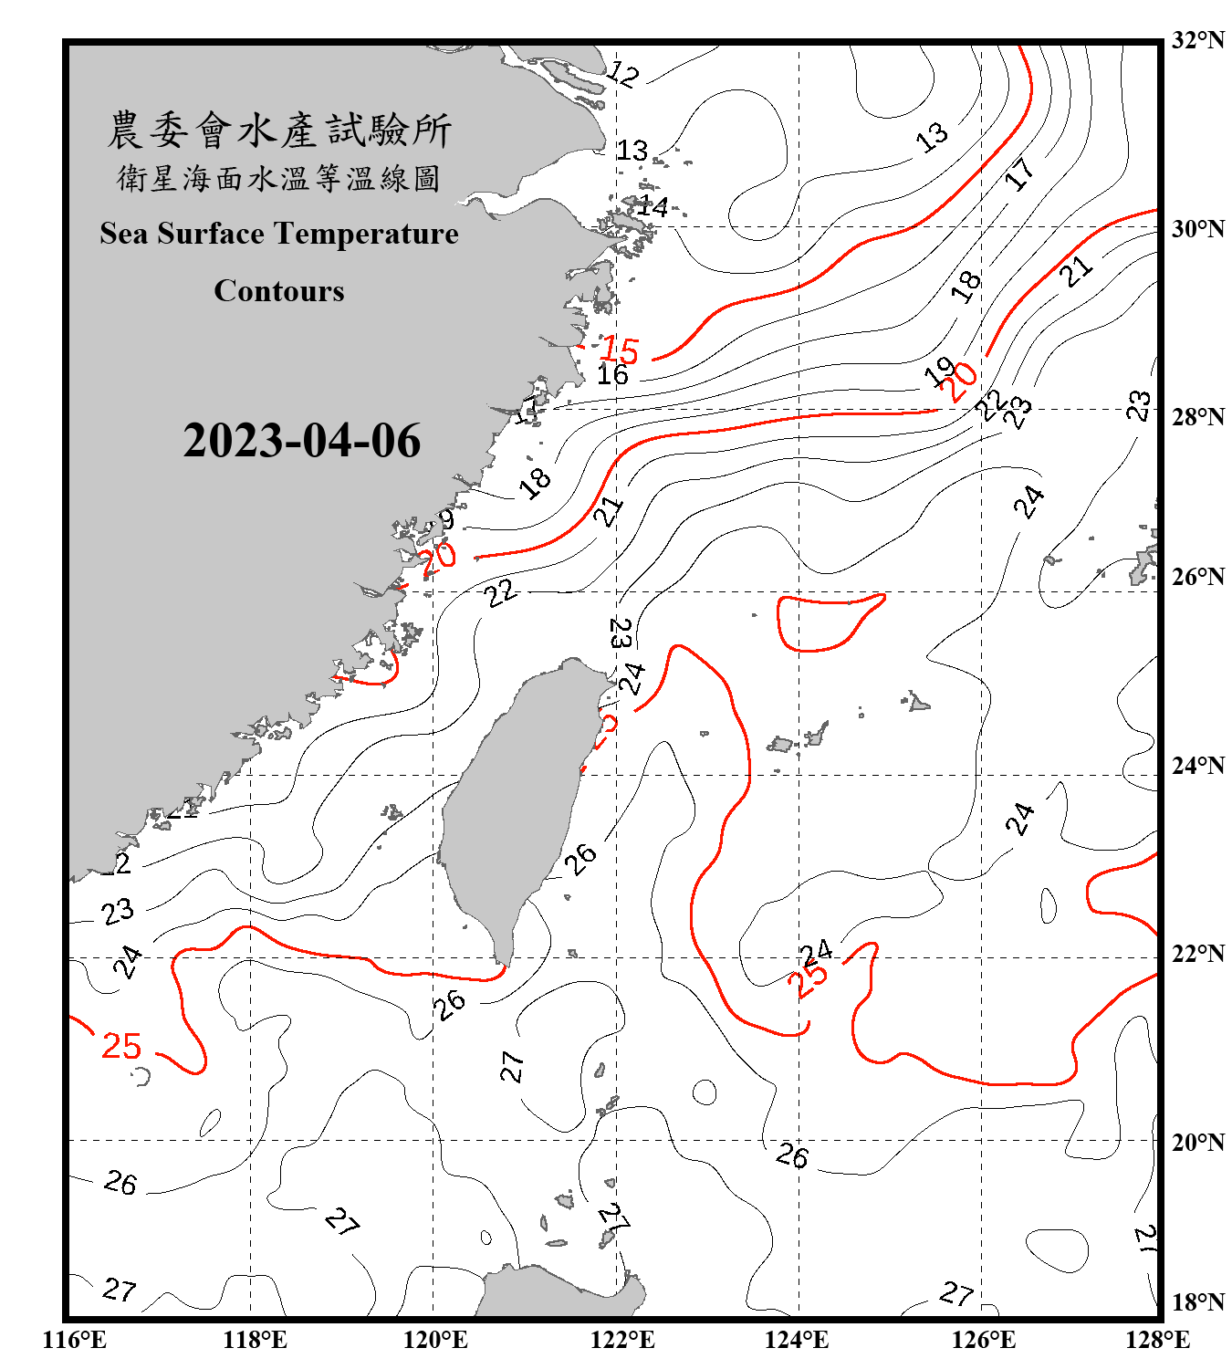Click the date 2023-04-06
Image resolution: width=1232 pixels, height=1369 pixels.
tap(301, 441)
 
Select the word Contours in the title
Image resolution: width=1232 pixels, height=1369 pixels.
tap(279, 290)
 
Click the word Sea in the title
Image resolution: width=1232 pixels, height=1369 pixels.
tap(124, 234)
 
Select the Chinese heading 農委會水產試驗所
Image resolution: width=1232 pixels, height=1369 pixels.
tap(279, 131)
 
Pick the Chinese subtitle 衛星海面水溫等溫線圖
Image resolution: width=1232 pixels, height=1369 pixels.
tap(279, 178)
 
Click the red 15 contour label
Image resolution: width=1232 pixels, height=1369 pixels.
tap(621, 350)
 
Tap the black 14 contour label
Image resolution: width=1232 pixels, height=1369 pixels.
tap(653, 206)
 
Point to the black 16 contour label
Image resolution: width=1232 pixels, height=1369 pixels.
tap(612, 374)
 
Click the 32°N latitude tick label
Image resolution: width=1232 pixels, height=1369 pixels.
tap(1198, 40)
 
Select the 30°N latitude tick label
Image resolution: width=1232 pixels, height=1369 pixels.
tap(1198, 229)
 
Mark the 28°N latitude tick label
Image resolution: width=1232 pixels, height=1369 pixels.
tap(1198, 417)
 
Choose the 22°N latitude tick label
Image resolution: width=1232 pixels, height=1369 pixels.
tap(1198, 954)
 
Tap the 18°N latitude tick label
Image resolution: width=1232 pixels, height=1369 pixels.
tap(1198, 1302)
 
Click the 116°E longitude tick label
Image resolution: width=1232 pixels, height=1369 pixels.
tap(75, 1340)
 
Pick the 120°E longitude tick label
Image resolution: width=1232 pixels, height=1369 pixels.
tap(435, 1340)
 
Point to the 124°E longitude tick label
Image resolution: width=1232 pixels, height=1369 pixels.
tap(797, 1340)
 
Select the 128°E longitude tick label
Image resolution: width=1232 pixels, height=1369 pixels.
tap(1157, 1340)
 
